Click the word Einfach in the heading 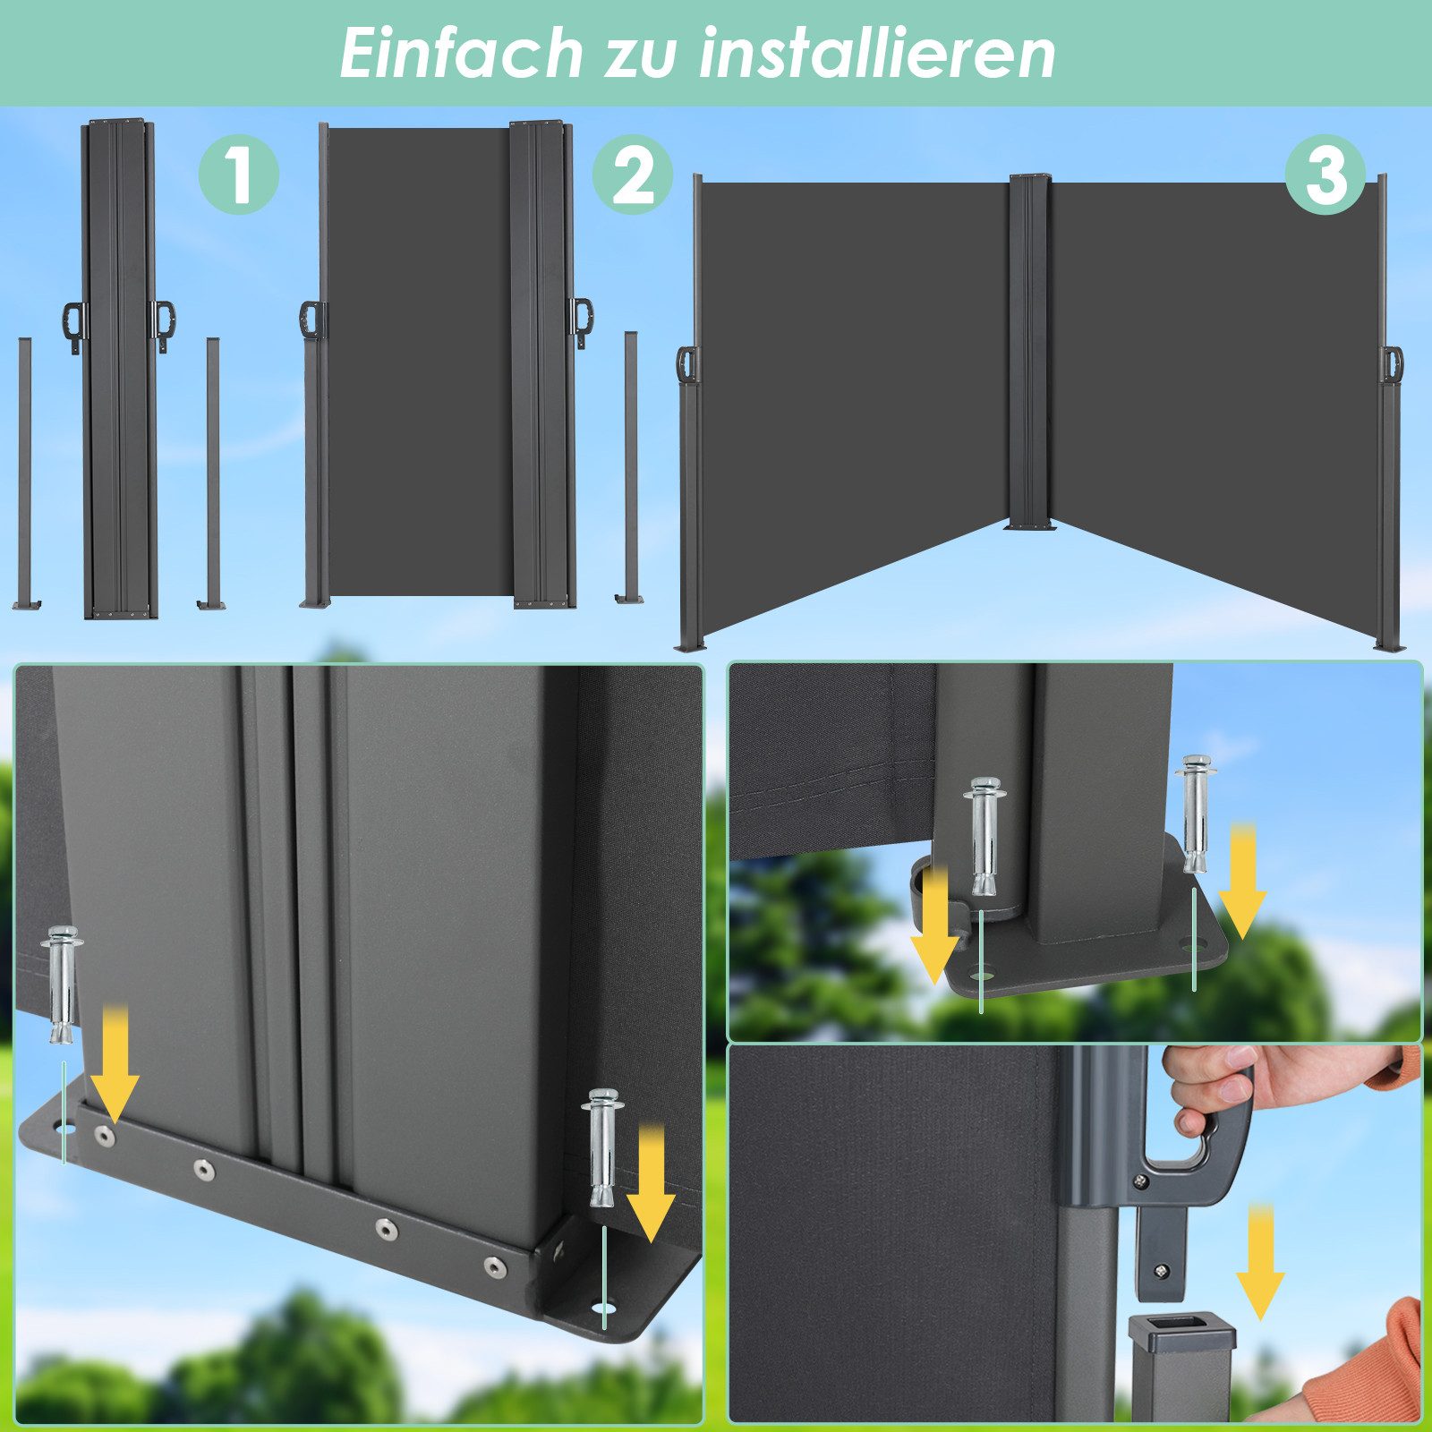click(460, 54)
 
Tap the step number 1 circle click(238, 174)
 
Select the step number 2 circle click(633, 175)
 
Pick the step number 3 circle click(1325, 174)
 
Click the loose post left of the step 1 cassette click(25, 474)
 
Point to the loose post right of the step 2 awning click(631, 465)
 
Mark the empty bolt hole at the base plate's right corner click(608, 1309)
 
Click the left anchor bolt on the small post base click(984, 836)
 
